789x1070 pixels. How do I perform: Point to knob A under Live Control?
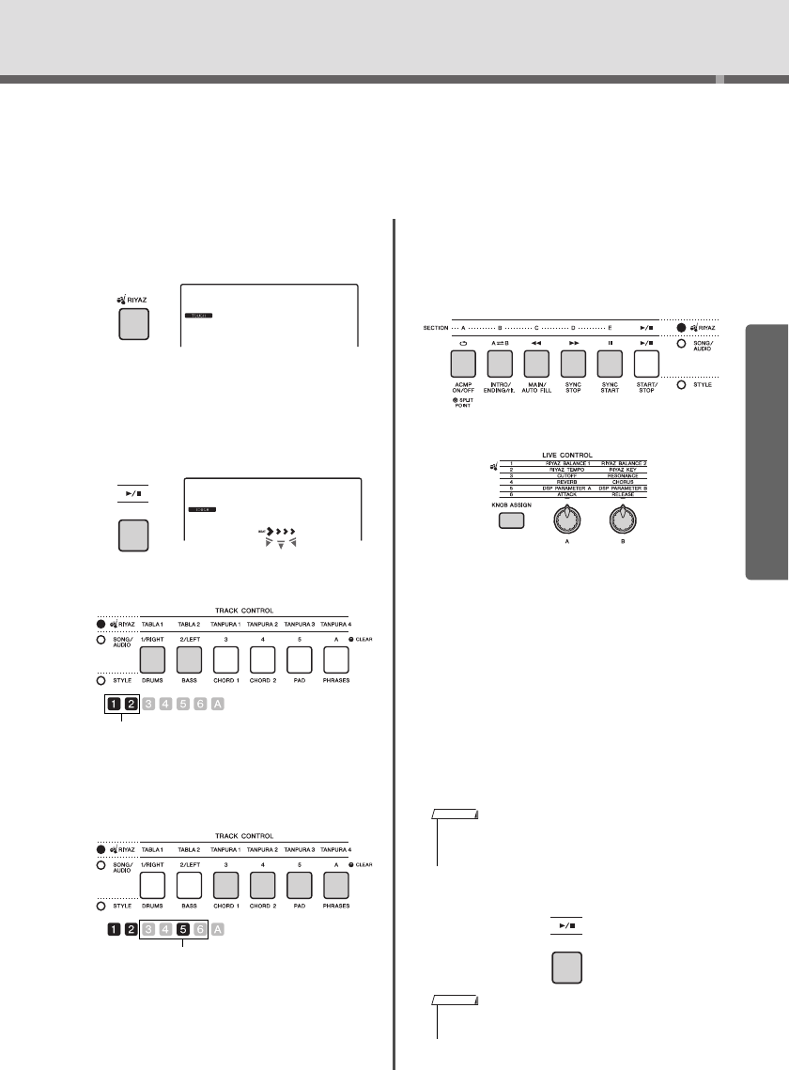(566, 518)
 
